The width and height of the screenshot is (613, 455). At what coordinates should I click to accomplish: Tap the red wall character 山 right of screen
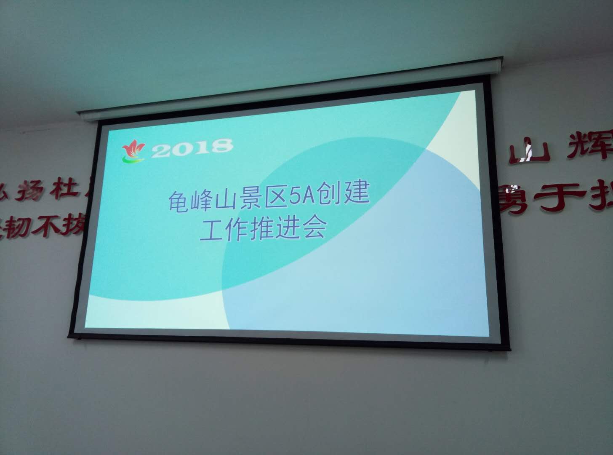pos(529,153)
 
